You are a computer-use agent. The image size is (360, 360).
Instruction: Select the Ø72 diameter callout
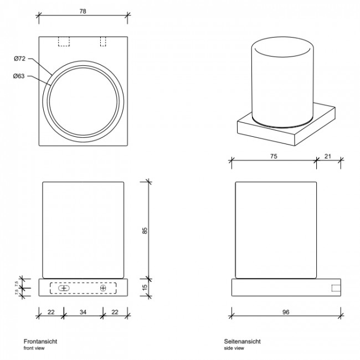[x=20, y=59]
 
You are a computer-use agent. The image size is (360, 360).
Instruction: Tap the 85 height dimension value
[x=145, y=230]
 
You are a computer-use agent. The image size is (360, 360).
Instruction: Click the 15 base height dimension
[x=145, y=288]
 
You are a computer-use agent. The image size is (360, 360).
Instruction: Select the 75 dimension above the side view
[x=274, y=157]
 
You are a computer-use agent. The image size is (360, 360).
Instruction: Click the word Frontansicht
[x=40, y=342]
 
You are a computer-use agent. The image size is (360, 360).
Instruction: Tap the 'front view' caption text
[x=34, y=348]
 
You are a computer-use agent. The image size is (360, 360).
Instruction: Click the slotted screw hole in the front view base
[x=64, y=288]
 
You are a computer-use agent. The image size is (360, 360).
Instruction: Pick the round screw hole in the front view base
[x=103, y=288]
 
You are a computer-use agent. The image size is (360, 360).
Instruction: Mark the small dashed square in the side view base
[x=336, y=288]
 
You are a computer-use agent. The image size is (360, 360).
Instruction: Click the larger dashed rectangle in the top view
[x=64, y=42]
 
